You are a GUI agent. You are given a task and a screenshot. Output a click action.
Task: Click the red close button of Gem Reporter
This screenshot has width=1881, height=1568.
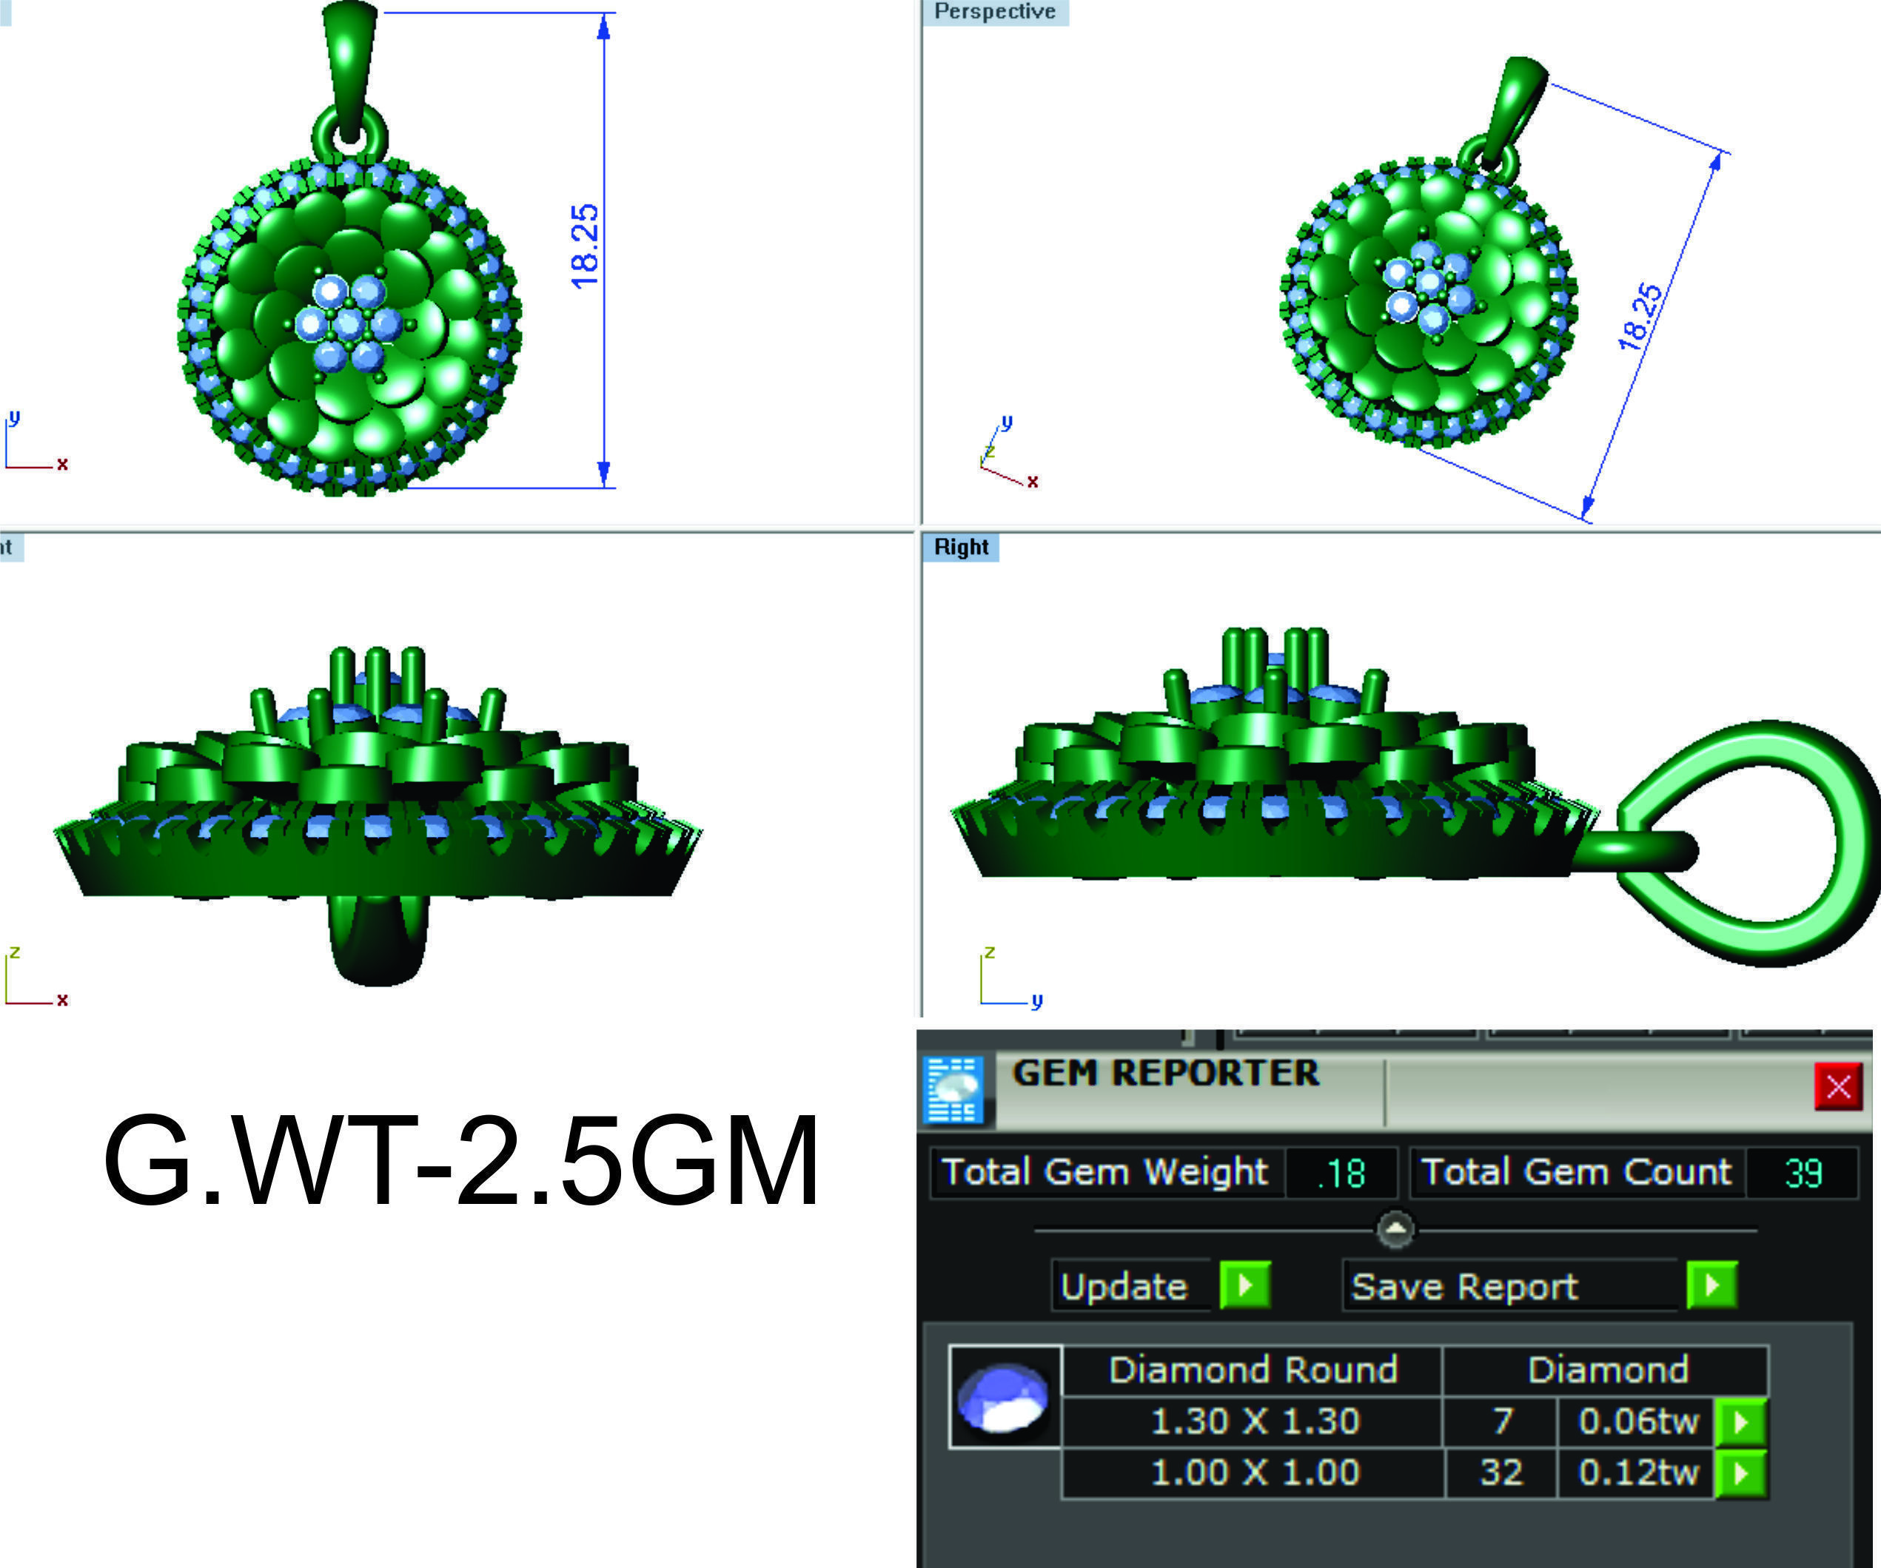(x=1837, y=1086)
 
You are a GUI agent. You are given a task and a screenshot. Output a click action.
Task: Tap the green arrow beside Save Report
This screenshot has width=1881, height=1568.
(x=1711, y=1285)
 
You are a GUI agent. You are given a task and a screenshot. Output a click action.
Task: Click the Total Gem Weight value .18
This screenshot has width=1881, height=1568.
(x=1341, y=1173)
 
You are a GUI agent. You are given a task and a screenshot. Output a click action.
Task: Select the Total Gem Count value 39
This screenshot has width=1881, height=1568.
(x=1803, y=1173)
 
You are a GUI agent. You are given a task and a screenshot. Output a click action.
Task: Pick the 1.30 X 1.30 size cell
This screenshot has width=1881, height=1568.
(x=1254, y=1421)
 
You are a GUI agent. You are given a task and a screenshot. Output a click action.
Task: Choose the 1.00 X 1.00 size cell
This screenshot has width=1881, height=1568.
(x=1254, y=1473)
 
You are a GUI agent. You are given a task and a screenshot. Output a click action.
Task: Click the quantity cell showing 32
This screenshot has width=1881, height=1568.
(x=1501, y=1473)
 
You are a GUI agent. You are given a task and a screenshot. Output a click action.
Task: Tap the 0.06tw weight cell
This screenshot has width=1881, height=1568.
(x=1637, y=1421)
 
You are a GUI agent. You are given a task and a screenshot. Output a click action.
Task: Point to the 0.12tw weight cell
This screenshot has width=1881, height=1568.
(x=1637, y=1473)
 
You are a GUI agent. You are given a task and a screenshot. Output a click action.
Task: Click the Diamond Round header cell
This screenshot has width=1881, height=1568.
(x=1253, y=1370)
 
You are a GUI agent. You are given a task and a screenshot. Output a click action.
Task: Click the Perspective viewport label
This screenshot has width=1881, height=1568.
(x=994, y=12)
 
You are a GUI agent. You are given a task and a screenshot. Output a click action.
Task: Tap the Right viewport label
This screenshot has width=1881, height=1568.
(x=960, y=547)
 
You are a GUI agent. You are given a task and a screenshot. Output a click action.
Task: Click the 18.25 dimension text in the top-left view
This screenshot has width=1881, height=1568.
(x=584, y=246)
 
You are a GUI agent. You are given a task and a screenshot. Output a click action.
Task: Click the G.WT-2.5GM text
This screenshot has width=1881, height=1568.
(x=460, y=1162)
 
